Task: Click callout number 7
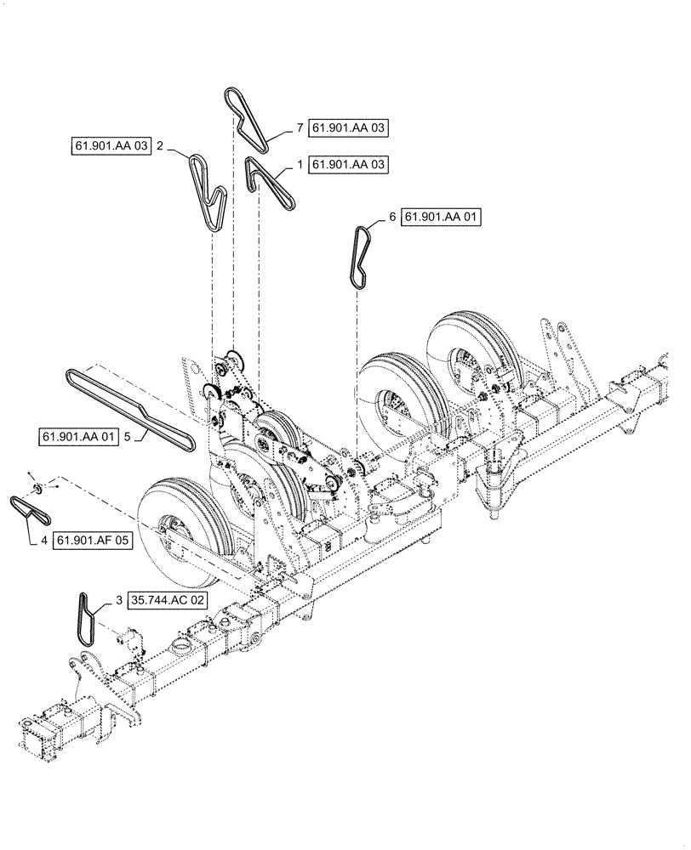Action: click(x=300, y=128)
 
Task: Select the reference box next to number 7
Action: click(x=348, y=128)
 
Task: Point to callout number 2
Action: click(x=159, y=146)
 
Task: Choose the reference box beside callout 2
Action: click(x=111, y=146)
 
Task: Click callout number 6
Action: click(x=393, y=218)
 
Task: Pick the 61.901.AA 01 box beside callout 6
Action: click(x=442, y=218)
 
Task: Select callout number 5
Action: click(x=127, y=438)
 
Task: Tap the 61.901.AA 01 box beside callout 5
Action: click(x=79, y=438)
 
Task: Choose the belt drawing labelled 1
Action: click(x=271, y=183)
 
